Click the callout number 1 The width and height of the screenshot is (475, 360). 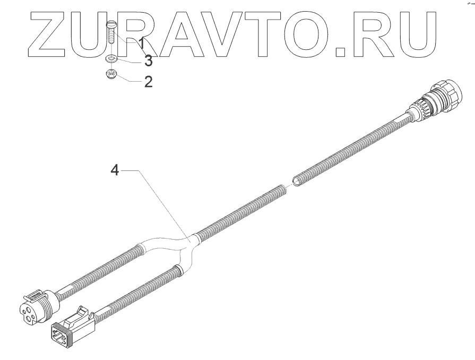142,43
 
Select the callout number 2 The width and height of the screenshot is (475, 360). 148,82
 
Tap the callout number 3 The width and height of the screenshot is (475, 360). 149,62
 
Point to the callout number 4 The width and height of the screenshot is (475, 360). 114,172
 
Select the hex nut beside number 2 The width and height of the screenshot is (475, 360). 112,75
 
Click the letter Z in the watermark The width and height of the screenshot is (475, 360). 54,32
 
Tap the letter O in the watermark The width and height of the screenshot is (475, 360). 312,32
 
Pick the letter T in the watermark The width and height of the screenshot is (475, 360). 272,32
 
